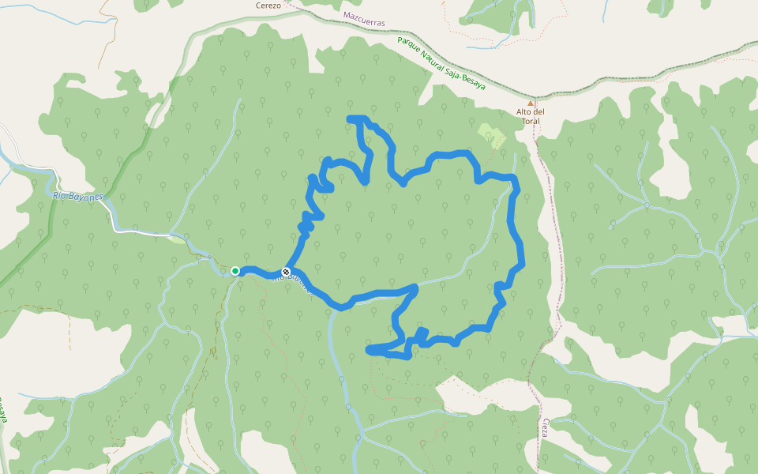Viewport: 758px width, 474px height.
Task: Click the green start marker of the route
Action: (235, 271)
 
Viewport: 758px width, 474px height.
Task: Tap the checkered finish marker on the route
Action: (286, 272)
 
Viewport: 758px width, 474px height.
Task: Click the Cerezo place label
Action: (268, 5)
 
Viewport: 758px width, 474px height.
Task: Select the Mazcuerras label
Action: (364, 19)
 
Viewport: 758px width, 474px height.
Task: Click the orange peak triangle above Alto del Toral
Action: (531, 103)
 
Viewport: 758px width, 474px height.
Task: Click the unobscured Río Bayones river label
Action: (78, 195)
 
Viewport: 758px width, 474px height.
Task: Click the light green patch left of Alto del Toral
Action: (491, 136)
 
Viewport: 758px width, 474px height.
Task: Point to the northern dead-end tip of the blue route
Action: (351, 118)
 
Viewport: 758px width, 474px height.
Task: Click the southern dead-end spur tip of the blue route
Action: (370, 348)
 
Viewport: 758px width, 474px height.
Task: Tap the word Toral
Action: (531, 121)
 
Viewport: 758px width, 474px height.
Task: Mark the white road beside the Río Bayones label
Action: (142, 233)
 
